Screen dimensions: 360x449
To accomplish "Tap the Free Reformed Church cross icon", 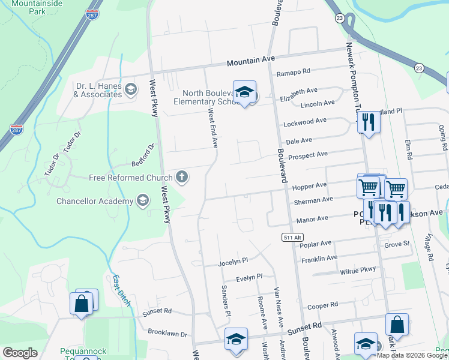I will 181,177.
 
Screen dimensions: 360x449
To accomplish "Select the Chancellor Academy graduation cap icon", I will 142,200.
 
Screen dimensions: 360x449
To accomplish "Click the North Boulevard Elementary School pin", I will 244,92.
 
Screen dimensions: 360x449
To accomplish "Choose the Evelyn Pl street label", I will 249,277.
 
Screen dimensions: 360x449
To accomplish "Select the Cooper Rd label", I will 322,305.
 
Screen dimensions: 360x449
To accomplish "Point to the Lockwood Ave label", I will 305,122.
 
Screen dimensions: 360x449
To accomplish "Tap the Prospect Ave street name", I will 307,155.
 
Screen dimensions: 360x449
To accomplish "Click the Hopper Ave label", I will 309,187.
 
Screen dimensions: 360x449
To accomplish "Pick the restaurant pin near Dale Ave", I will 368,122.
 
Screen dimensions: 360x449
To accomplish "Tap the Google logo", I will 20,353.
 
